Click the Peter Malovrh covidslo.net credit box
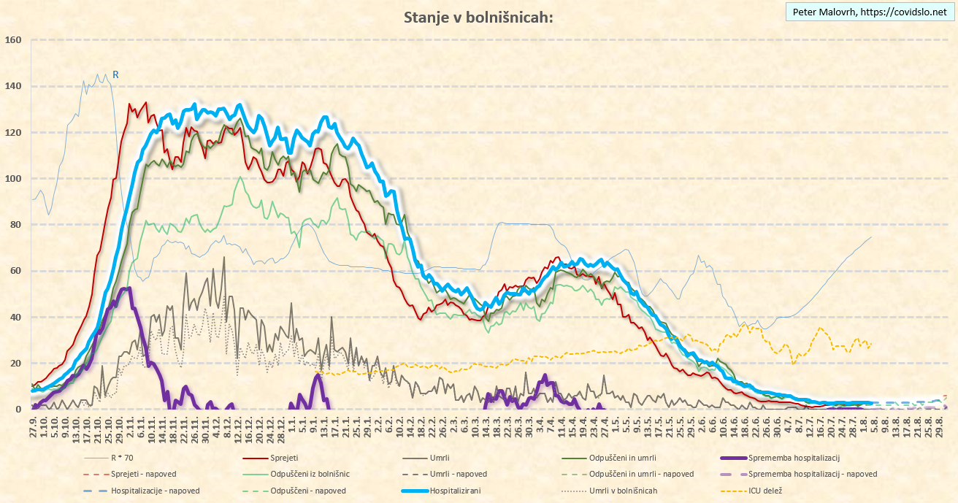click(869, 12)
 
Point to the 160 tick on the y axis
click(13, 40)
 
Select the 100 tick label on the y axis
click(13, 179)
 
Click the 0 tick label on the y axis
click(18, 410)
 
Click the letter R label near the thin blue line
click(115, 74)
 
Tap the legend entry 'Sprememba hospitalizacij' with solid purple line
click(795, 458)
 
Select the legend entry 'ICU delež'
click(764, 491)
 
